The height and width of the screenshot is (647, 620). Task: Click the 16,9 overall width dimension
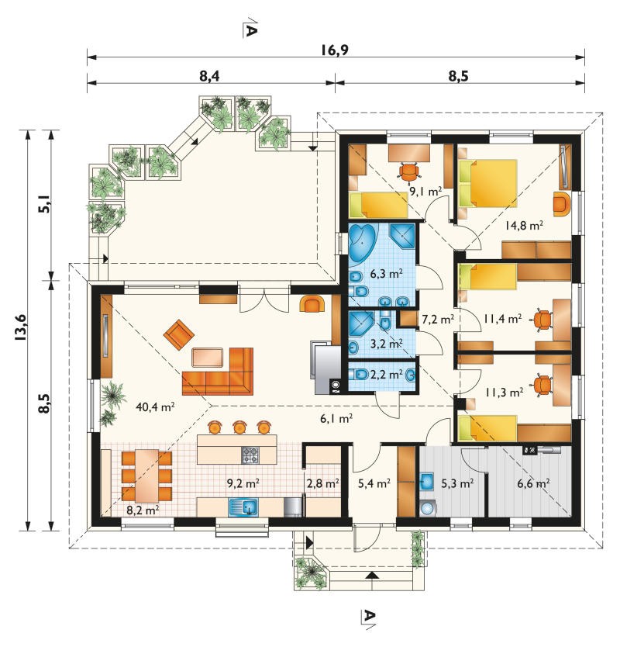pyautogui.click(x=335, y=50)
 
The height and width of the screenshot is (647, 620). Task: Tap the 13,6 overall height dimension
pyautogui.click(x=21, y=327)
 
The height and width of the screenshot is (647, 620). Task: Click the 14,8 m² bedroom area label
pyautogui.click(x=524, y=225)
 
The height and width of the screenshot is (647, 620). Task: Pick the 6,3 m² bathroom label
pyautogui.click(x=386, y=273)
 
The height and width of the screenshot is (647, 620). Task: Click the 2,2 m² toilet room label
pyautogui.click(x=386, y=374)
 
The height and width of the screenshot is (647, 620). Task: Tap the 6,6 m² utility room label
pyautogui.click(x=533, y=483)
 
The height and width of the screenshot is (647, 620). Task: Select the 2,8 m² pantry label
pyautogui.click(x=322, y=483)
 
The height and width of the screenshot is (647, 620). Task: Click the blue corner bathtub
pyautogui.click(x=363, y=243)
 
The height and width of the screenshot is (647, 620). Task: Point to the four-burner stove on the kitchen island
pyautogui.click(x=250, y=455)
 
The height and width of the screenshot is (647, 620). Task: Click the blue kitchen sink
pyautogui.click(x=243, y=507)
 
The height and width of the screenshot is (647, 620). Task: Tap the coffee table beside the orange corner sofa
pyautogui.click(x=208, y=358)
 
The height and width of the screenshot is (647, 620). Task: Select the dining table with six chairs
pyautogui.click(x=146, y=476)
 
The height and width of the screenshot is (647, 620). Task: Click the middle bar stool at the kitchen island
pyautogui.click(x=239, y=427)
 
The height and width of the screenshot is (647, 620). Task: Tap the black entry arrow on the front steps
pyautogui.click(x=373, y=575)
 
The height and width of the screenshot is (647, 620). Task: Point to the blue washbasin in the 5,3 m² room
pyautogui.click(x=427, y=482)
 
